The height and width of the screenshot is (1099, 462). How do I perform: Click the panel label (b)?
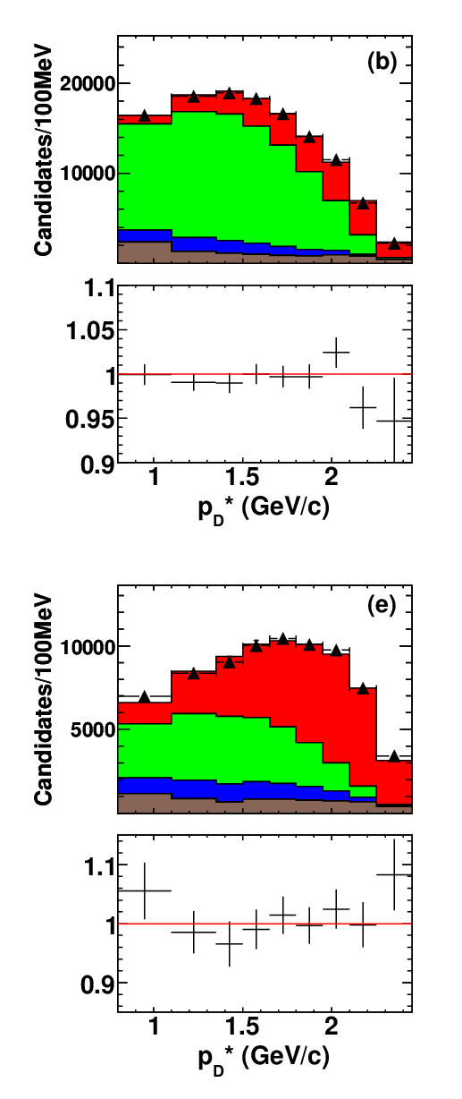[382, 62]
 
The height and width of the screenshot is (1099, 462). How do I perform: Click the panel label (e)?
[382, 607]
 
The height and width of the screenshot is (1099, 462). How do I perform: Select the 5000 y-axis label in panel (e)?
[93, 729]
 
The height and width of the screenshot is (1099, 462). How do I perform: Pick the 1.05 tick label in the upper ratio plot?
[90, 332]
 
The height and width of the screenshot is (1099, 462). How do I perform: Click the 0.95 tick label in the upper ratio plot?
[90, 419]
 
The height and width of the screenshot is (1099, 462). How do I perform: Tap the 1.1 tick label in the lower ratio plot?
[99, 867]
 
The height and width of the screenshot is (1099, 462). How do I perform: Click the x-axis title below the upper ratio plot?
[264, 508]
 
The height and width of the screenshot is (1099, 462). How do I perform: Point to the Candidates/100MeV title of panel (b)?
[43, 150]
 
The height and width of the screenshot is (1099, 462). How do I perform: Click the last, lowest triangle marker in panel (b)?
[394, 243]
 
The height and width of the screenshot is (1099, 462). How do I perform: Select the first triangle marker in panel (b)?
[144, 115]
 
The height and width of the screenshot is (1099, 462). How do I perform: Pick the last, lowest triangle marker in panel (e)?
[394, 756]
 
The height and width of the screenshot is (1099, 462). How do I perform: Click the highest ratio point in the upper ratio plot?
[336, 352]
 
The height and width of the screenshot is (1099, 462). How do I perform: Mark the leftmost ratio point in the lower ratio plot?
[145, 890]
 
